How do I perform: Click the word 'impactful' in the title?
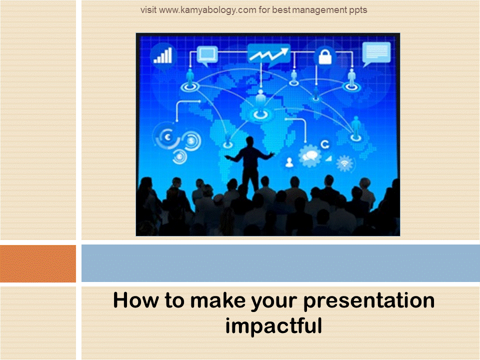[x=273, y=325]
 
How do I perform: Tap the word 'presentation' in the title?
[x=369, y=301]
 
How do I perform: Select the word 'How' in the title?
[x=136, y=300]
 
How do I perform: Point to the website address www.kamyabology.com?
[x=207, y=10]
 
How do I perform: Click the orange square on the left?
[x=38, y=263]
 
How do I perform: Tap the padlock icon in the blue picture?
[x=325, y=56]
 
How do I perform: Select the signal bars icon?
[x=163, y=55]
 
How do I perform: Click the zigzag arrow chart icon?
[x=269, y=55]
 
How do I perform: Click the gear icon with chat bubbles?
[x=310, y=156]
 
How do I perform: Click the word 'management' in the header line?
[x=319, y=10]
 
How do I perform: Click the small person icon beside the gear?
[x=289, y=162]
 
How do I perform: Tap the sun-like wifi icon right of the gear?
[x=345, y=163]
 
